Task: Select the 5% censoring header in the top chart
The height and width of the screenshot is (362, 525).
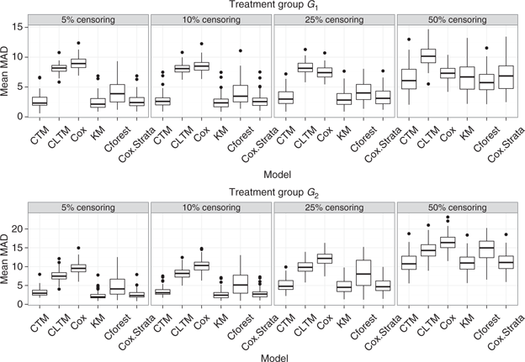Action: point(87,19)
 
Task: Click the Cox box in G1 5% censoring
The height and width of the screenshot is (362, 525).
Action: point(77,63)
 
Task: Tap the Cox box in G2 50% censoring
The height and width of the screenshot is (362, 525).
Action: point(448,242)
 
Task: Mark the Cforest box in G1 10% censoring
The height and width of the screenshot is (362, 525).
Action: point(241,92)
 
